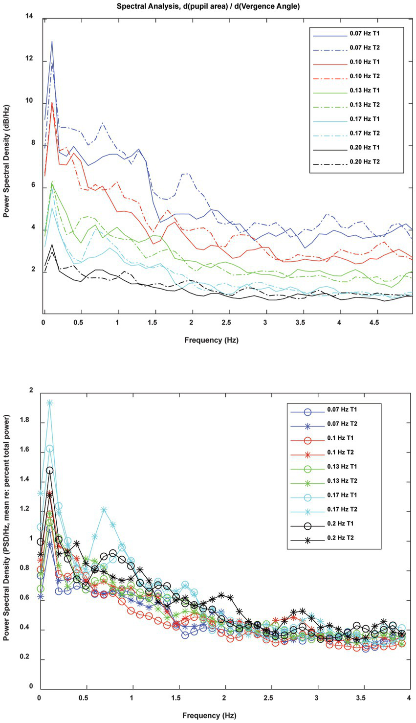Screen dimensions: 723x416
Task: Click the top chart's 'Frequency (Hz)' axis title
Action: click(211, 340)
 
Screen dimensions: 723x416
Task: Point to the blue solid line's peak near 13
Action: click(52, 42)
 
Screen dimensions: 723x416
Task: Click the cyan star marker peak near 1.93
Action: click(49, 403)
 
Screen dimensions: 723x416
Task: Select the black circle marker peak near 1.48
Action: click(49, 470)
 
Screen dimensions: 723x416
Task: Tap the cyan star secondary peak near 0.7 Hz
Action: click(104, 509)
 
